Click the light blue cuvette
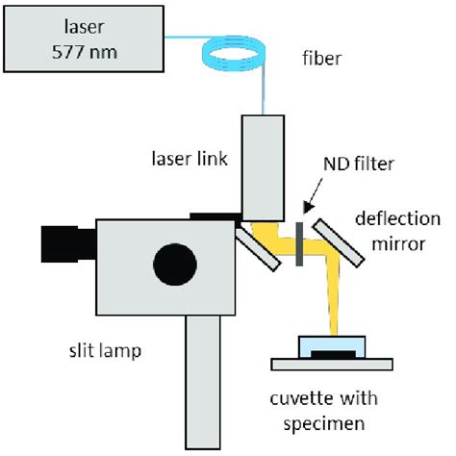click(332, 347)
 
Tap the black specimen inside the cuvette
click(333, 356)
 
